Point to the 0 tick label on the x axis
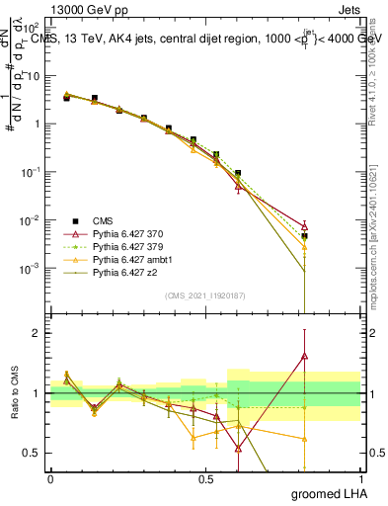coord(50,478)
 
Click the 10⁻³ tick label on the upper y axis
coord(34,268)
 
